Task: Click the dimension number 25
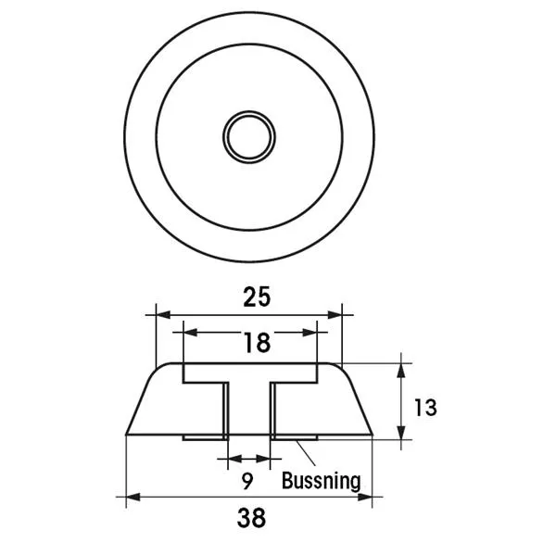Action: click(x=257, y=297)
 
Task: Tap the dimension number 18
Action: click(x=258, y=343)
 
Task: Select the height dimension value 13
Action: click(x=425, y=408)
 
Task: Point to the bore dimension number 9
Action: click(x=247, y=481)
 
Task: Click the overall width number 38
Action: click(x=251, y=518)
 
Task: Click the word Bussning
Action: click(x=322, y=481)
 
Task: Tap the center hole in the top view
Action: click(x=249, y=137)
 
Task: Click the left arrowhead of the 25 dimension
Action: click(x=163, y=314)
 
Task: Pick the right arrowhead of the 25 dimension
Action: click(x=335, y=314)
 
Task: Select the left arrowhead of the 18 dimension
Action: click(x=190, y=333)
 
